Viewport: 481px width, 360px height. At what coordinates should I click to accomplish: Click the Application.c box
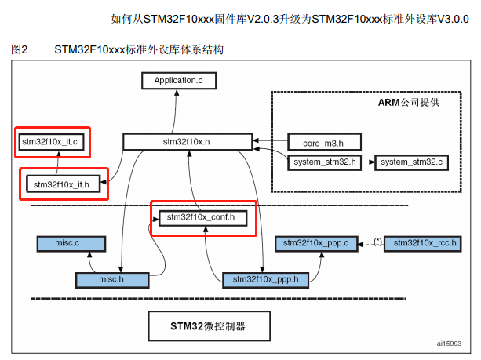pyautogui.click(x=178, y=80)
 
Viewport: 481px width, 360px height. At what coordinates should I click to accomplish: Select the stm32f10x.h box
pyautogui.click(x=187, y=142)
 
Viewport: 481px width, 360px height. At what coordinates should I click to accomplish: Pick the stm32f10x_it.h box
pyautogui.click(x=58, y=184)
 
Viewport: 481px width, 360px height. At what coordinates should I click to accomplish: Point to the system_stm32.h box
pyautogui.click(x=323, y=162)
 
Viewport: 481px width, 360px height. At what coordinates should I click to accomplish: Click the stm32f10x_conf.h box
pyautogui.click(x=202, y=216)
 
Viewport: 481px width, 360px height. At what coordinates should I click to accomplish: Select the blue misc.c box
pyautogui.click(x=67, y=244)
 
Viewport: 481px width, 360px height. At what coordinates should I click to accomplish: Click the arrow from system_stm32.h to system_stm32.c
pyautogui.click(x=366, y=162)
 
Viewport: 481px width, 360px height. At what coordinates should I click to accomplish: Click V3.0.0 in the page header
pyautogui.click(x=453, y=19)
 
